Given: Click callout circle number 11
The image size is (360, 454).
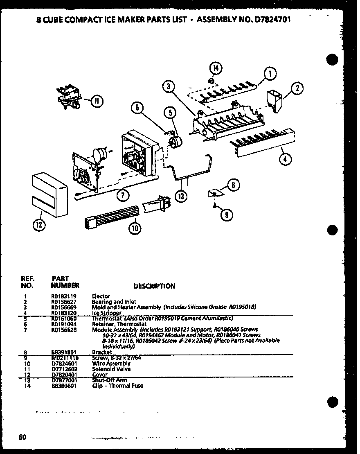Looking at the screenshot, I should [x=97, y=101].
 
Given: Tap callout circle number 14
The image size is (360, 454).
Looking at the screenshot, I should [x=216, y=68].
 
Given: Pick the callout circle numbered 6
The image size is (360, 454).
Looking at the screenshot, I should [x=138, y=108].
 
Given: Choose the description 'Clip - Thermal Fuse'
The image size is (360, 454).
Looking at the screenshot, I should [x=118, y=386].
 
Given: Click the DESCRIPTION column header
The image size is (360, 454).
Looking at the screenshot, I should [x=154, y=286].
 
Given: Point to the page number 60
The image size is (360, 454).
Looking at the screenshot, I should [x=22, y=437].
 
